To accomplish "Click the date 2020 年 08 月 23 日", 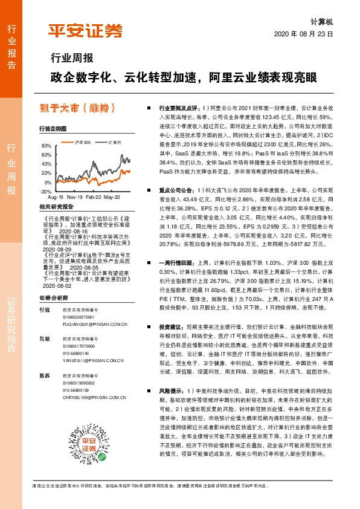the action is [x=306, y=34].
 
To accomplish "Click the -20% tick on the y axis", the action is [x=46, y=191].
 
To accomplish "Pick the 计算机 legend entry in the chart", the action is [x=114, y=142].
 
